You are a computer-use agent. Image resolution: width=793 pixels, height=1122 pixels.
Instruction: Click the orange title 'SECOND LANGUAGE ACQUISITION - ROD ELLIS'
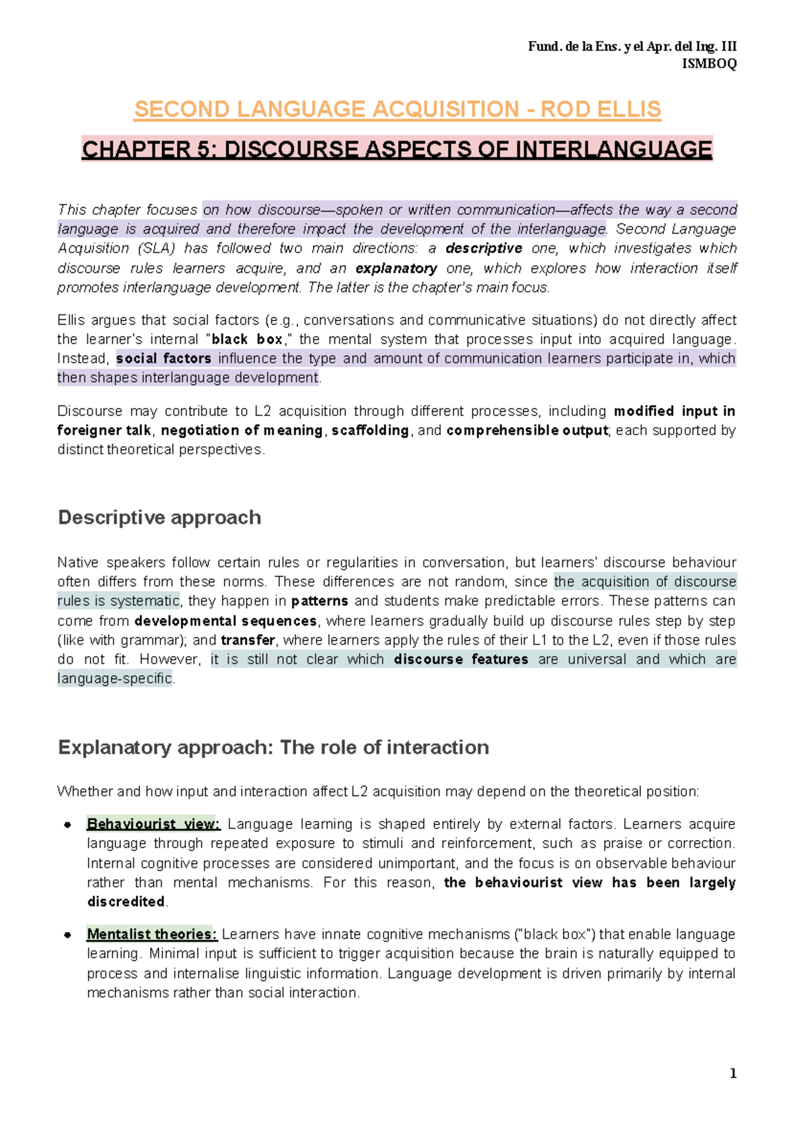(x=397, y=109)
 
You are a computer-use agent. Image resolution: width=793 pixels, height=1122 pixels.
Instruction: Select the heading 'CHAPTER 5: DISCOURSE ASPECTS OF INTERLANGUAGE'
(x=397, y=149)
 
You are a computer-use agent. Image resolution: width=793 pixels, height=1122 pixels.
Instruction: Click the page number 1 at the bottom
(x=732, y=1074)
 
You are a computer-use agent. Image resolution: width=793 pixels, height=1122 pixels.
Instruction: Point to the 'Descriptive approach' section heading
(x=159, y=518)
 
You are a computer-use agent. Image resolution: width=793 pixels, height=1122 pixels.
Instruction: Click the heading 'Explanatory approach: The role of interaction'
(x=273, y=748)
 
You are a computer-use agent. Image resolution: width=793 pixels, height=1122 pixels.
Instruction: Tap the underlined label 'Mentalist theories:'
(x=151, y=935)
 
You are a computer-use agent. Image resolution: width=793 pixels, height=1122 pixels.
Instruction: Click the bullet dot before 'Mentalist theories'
(x=67, y=936)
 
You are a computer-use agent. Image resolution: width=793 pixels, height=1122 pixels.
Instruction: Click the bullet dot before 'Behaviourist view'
(x=67, y=825)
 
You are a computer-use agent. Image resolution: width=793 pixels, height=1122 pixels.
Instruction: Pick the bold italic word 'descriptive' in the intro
(x=484, y=249)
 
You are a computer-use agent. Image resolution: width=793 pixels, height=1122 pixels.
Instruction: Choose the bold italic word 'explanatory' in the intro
(x=396, y=268)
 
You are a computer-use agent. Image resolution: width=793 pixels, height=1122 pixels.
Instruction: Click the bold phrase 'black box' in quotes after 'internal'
(x=246, y=340)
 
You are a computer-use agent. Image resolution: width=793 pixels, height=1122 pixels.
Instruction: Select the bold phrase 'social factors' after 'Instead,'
(x=164, y=359)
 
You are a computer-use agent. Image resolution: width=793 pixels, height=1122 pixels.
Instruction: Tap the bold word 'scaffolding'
(x=370, y=431)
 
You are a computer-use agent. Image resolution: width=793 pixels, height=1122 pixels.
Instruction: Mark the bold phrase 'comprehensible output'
(x=527, y=431)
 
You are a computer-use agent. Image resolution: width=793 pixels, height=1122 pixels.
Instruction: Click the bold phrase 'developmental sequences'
(x=225, y=621)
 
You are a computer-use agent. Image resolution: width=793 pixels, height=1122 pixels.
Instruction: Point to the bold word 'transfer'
(x=248, y=641)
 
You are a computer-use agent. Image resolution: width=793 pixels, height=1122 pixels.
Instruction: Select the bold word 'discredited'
(x=126, y=902)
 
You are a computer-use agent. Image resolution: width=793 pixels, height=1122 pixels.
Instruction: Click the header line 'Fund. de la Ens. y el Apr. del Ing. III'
(x=632, y=46)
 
